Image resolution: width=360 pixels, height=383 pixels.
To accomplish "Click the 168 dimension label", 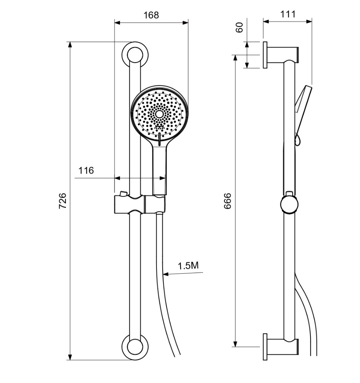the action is (x=151, y=15).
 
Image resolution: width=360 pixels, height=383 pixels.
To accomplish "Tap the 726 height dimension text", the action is (x=62, y=201).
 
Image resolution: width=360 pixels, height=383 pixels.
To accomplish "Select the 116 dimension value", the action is (x=86, y=170).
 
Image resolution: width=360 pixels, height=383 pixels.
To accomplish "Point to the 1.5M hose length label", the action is (x=188, y=266).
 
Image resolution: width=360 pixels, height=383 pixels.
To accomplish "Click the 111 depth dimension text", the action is (x=288, y=14).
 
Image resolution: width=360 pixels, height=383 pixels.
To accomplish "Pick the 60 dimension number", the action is (x=240, y=27).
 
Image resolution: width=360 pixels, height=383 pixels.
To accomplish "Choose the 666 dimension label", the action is (x=227, y=201).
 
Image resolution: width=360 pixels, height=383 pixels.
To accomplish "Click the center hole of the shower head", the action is (x=159, y=114).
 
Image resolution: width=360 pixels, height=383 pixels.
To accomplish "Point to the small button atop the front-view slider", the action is (x=123, y=193).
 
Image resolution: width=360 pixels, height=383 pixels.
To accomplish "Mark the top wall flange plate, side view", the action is (x=265, y=55).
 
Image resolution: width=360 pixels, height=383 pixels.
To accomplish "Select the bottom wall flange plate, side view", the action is (x=265, y=347).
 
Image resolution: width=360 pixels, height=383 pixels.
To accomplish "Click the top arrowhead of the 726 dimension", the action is (x=70, y=45).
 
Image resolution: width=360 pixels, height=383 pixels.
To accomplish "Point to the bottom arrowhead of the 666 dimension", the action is (x=235, y=344).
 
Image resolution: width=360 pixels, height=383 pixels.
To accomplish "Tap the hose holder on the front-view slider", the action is (x=155, y=204).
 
